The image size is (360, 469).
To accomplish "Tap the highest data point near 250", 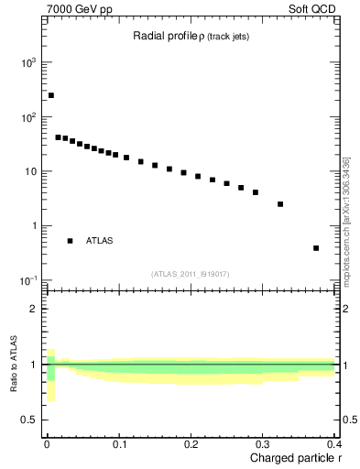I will point(51,95).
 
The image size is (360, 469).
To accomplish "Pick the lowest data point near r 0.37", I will point(316,247).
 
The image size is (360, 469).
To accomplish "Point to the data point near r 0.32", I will point(280,204).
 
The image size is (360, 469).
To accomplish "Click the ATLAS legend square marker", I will point(70,241).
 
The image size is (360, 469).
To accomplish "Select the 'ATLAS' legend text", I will point(100,241).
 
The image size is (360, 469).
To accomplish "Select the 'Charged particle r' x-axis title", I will point(296,458).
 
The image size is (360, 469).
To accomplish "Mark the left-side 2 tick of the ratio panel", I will point(34,309).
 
